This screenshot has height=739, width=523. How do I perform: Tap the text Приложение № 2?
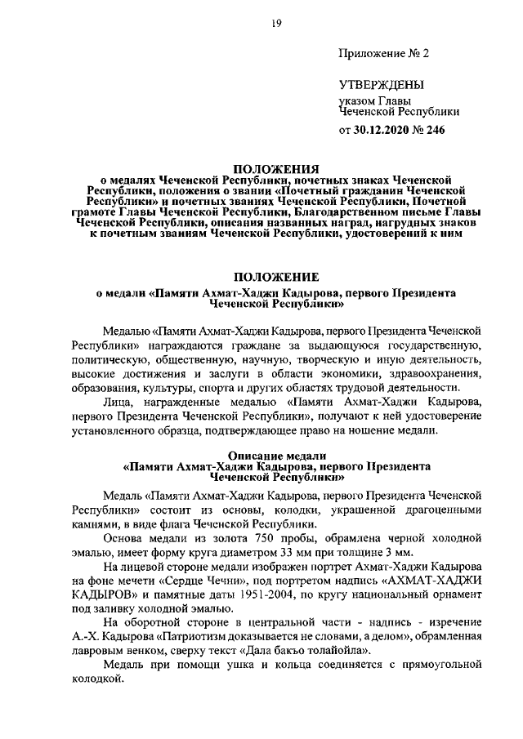tap(383, 54)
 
